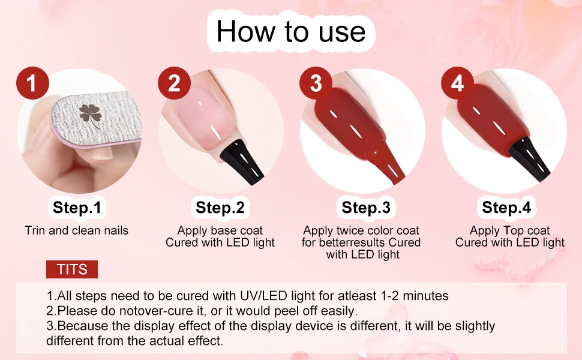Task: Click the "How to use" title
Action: pyautogui.click(x=291, y=31)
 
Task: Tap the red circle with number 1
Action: pyautogui.click(x=32, y=83)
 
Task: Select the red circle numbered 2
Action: pyautogui.click(x=174, y=83)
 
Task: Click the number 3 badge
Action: pyautogui.click(x=316, y=83)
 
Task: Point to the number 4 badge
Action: pyautogui.click(x=457, y=83)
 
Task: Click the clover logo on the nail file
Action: pyautogui.click(x=90, y=115)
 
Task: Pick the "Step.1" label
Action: pyautogui.click(x=77, y=207)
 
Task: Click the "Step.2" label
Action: pyautogui.click(x=220, y=207)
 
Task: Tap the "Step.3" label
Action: pyautogui.click(x=366, y=207)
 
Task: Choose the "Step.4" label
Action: pyautogui.click(x=506, y=207)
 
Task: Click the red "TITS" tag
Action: pyautogui.click(x=72, y=269)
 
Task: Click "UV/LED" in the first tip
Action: pyautogui.click(x=263, y=296)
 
